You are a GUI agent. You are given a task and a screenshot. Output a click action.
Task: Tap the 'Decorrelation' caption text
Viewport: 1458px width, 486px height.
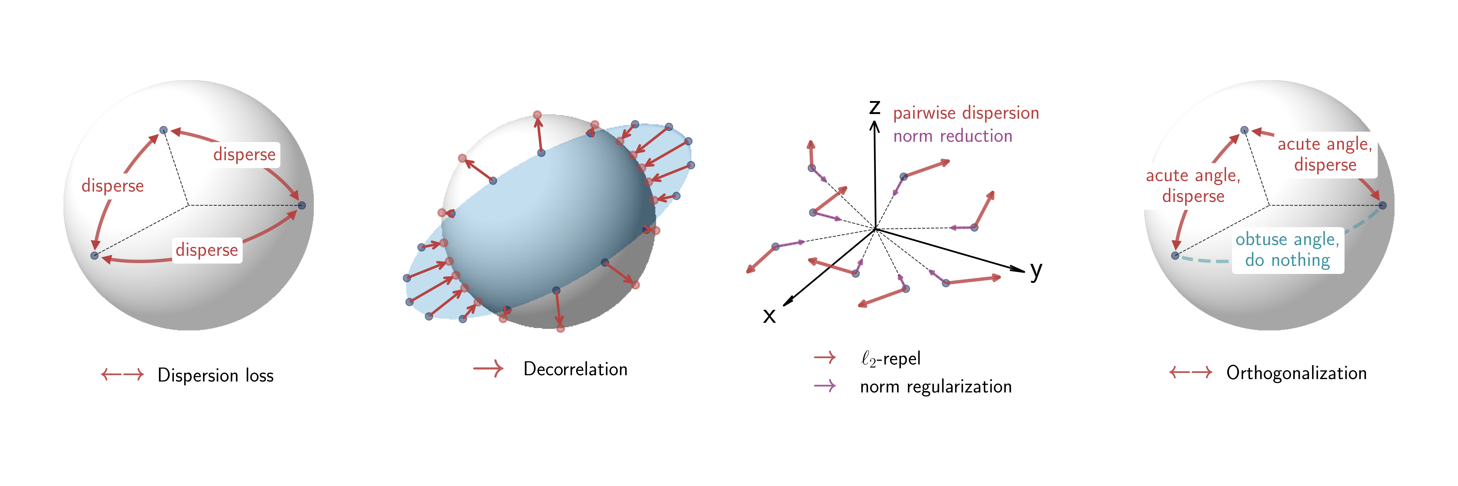pyautogui.click(x=575, y=369)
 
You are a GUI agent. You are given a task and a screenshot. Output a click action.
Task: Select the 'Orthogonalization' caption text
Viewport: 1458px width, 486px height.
pyautogui.click(x=1296, y=373)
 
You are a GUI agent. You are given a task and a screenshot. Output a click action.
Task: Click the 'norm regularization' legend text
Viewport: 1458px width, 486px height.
pyautogui.click(x=936, y=386)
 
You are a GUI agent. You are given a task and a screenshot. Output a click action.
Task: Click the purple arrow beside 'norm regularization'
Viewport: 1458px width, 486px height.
pyautogui.click(x=825, y=386)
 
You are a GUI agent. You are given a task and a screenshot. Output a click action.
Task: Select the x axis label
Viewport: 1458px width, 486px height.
pyautogui.click(x=769, y=315)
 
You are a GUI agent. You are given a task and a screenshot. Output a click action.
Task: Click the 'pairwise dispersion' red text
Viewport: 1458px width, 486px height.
pyautogui.click(x=966, y=113)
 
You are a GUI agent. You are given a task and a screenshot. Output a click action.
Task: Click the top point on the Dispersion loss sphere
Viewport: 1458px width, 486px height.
pyautogui.click(x=164, y=130)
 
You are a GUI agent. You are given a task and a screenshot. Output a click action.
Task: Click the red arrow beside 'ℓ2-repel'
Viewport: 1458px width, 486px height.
pyautogui.click(x=825, y=357)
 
